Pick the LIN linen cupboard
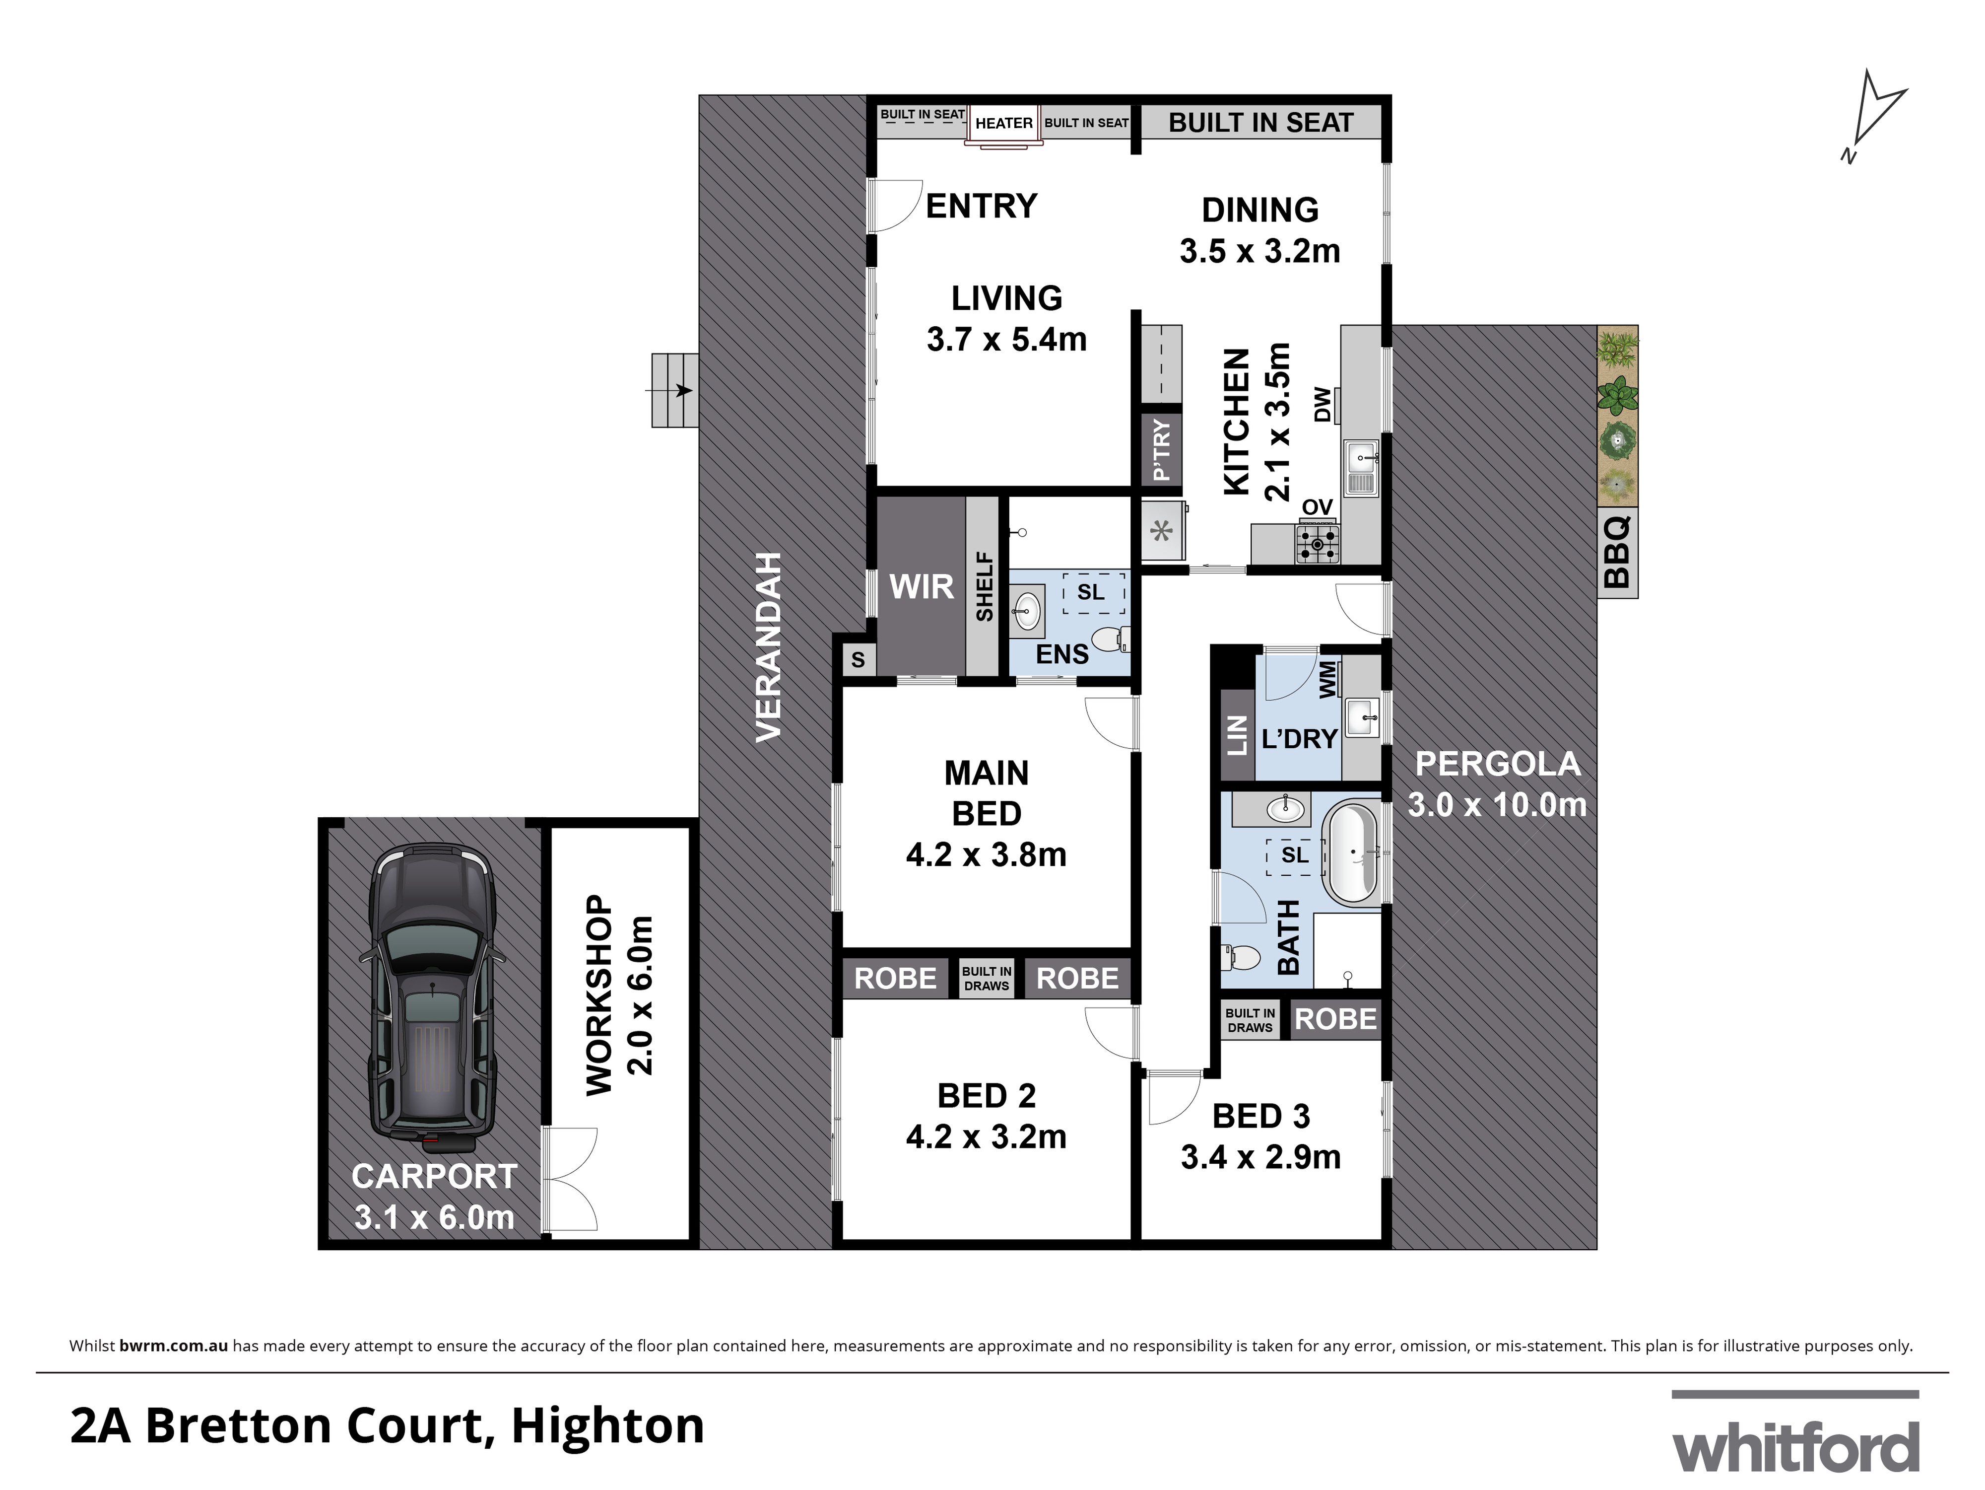click(x=1237, y=734)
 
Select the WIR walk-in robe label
click(x=921, y=587)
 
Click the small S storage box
click(x=858, y=660)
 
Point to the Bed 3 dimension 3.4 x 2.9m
click(x=1261, y=1157)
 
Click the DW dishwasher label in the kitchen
click(x=1321, y=404)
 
